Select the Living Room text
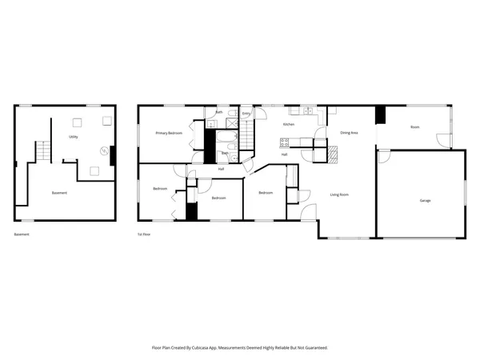click(340, 194)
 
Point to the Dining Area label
click(349, 132)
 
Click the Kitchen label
click(289, 125)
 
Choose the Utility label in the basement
click(73, 137)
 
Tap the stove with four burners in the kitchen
click(284, 142)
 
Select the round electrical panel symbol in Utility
click(103, 150)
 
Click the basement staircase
click(42, 150)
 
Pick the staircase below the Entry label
click(248, 137)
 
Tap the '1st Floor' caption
click(145, 234)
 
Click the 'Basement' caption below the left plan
click(22, 234)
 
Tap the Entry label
click(246, 113)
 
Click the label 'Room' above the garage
click(414, 127)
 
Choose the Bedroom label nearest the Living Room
click(266, 193)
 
